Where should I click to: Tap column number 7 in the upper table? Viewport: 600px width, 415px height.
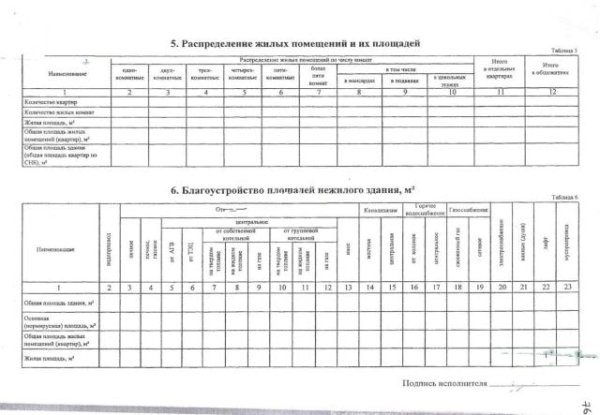tap(318, 92)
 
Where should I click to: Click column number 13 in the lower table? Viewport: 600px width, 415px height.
tap(348, 287)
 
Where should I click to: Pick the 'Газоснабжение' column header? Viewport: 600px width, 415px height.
tap(467, 210)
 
